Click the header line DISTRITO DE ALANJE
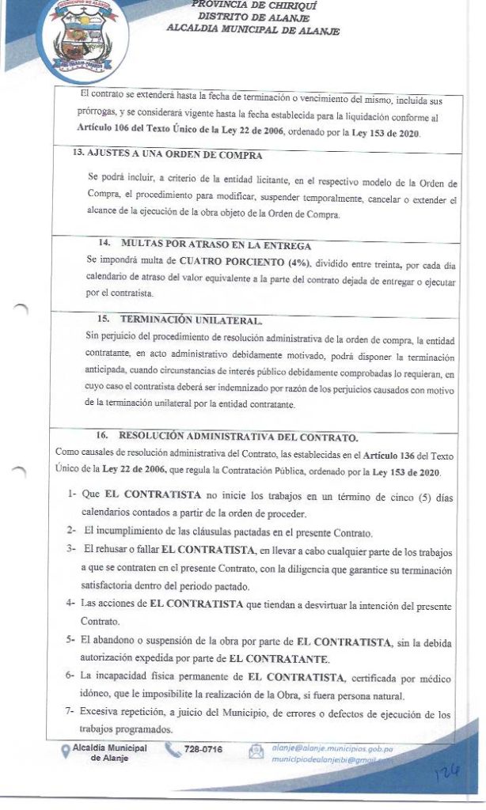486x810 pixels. pos(253,17)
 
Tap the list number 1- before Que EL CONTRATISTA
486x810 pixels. pos(71,494)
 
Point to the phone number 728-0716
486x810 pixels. pos(203,750)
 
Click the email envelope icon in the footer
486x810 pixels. pos(256,751)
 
